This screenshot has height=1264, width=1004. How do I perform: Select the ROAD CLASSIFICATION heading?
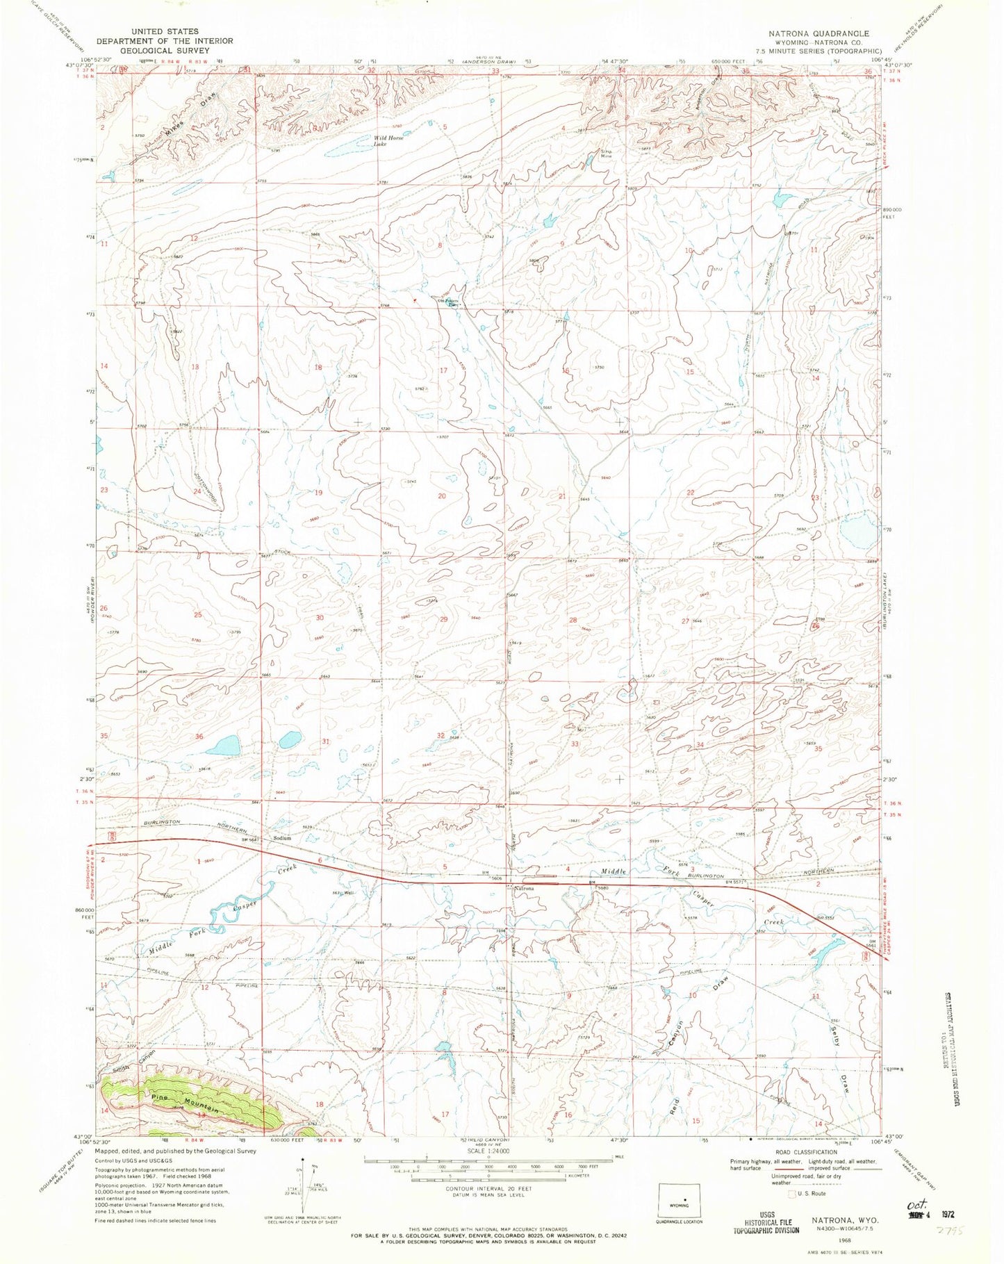(x=801, y=1151)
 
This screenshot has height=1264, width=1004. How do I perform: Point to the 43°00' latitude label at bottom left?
(x=82, y=1135)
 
